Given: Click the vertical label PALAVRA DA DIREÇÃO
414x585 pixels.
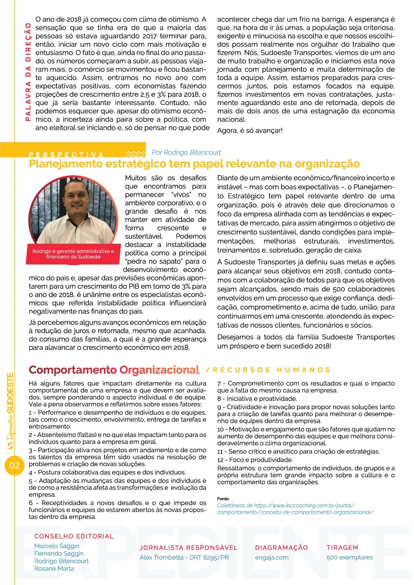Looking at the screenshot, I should [x=28, y=72].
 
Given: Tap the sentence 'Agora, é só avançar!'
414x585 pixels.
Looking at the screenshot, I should [x=250, y=131].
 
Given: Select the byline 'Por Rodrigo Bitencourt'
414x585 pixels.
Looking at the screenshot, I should [x=186, y=153].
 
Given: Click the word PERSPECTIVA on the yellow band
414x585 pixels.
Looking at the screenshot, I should [x=66, y=155].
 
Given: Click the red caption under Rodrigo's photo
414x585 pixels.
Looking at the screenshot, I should [x=73, y=254].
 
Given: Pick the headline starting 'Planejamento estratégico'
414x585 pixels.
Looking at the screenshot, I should [x=194, y=164].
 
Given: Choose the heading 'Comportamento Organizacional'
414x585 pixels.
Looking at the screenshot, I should [x=114, y=370].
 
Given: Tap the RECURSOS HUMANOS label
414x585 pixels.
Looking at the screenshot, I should [x=271, y=370].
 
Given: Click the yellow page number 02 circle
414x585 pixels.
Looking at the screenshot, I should [x=14, y=466].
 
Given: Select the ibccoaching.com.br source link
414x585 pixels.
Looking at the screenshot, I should [x=295, y=509].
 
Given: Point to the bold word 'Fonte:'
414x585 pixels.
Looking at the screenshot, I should [x=223, y=499].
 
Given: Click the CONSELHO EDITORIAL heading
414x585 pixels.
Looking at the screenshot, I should [x=74, y=536].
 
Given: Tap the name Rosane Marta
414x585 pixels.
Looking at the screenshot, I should [x=54, y=568].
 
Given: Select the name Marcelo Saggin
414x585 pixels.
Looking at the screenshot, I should [x=57, y=546].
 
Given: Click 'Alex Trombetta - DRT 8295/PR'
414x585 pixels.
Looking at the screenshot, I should [x=184, y=557].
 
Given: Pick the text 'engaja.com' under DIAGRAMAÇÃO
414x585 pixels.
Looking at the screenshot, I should [x=272, y=557].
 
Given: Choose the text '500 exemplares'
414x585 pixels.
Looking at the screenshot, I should [x=349, y=557].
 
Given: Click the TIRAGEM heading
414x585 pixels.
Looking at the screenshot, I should [x=342, y=547].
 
